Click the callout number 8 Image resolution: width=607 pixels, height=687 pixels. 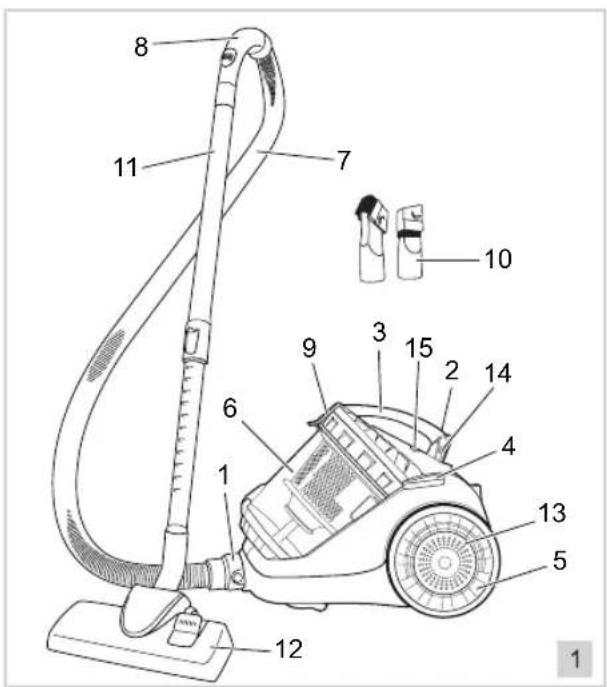pyautogui.click(x=141, y=46)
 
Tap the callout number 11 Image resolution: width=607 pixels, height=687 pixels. pyautogui.click(x=126, y=167)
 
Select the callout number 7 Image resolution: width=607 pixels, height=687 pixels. pyautogui.click(x=344, y=160)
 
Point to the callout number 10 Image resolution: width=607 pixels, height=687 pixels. pyautogui.click(x=498, y=259)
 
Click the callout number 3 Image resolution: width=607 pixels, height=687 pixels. pyautogui.click(x=380, y=332)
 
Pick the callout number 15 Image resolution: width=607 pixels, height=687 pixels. pyautogui.click(x=419, y=348)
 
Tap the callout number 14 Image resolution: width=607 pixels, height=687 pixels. pyautogui.click(x=498, y=374)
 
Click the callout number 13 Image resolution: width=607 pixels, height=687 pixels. pyautogui.click(x=552, y=513)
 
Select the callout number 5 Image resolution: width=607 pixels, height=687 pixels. pyautogui.click(x=560, y=560)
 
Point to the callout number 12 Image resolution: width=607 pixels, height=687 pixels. pyautogui.click(x=289, y=649)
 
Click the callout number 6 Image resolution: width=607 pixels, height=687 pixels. pyautogui.click(x=230, y=408)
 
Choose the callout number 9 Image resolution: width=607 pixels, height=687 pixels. pyautogui.click(x=309, y=348)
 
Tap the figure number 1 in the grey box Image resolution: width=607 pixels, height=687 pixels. pyautogui.click(x=575, y=659)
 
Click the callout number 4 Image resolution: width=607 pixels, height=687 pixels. pyautogui.click(x=508, y=446)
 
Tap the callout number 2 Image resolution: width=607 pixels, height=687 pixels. pyautogui.click(x=452, y=371)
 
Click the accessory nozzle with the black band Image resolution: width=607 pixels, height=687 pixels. pyautogui.click(x=410, y=241)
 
